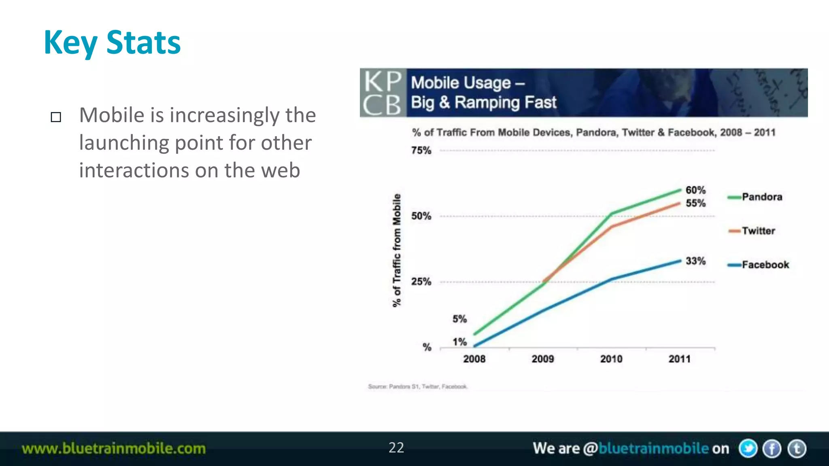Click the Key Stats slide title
pos(112,42)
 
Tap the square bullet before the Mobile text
pos(56,117)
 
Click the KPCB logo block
pos(383,93)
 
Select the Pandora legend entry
pos(755,197)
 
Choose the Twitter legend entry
pos(752,231)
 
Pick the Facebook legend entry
pos(759,265)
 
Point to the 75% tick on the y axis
pos(421,150)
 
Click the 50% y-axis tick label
pos(421,216)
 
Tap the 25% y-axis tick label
pos(421,282)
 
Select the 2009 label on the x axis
pos(542,359)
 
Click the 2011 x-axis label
pos(679,359)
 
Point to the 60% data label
pos(695,190)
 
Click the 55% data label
pos(695,203)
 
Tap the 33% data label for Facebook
pos(695,261)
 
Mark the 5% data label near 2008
pos(459,319)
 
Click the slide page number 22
pos(396,448)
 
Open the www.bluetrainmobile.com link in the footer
pos(114,449)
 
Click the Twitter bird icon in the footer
pos(748,449)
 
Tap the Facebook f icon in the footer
pos(772,449)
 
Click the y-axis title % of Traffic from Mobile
pos(397,250)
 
